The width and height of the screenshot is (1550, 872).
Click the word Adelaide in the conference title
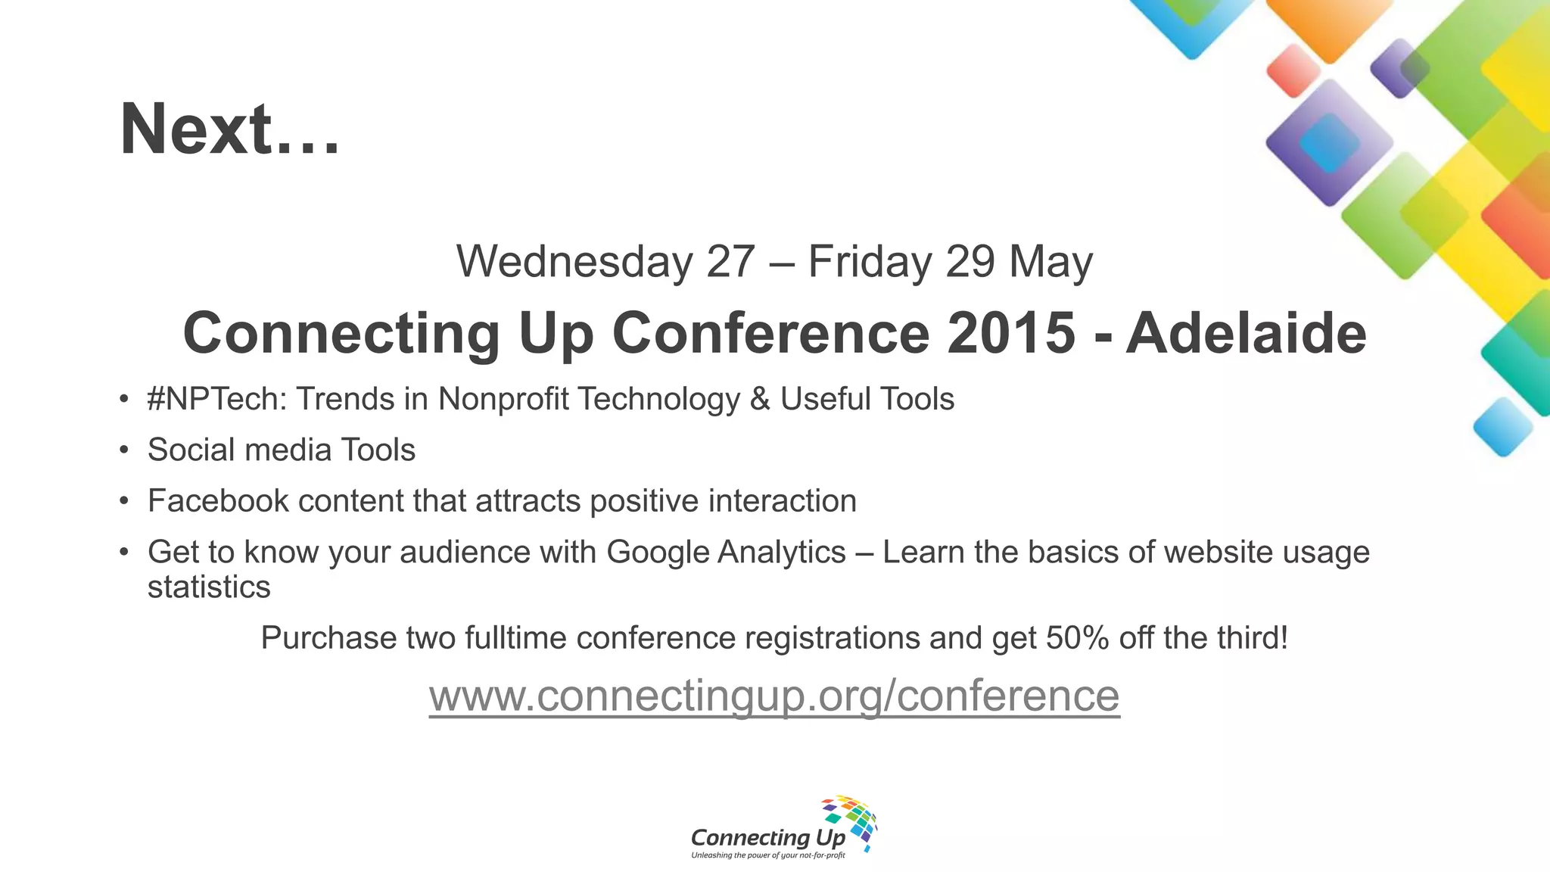(x=1246, y=333)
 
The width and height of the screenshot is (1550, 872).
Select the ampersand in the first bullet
(x=760, y=400)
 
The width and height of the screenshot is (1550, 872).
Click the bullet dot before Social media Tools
(x=124, y=450)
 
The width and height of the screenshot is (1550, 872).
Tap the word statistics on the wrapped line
(x=209, y=587)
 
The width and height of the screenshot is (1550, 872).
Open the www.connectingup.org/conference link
(x=774, y=696)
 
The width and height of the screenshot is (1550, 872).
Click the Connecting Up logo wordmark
(x=767, y=837)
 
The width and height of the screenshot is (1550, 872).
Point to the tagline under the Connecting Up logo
(x=767, y=855)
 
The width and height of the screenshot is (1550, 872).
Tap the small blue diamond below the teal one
(x=1502, y=427)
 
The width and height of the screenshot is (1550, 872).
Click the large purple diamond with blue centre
(x=1329, y=142)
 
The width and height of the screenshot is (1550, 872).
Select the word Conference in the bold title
(x=770, y=333)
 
